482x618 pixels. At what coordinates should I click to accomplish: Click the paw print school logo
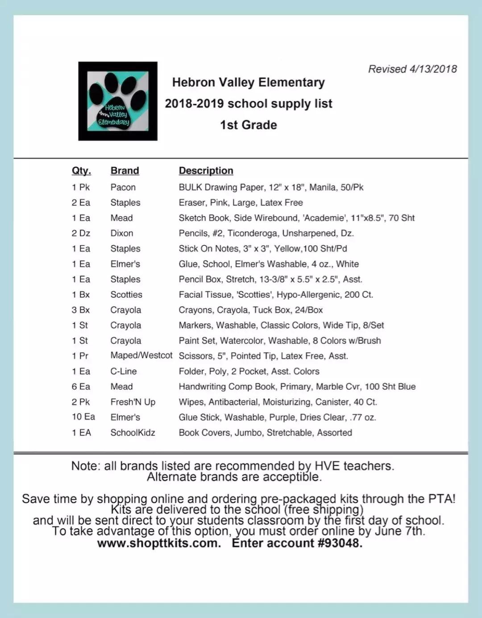click(x=118, y=101)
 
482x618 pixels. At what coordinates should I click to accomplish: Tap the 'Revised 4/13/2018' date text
click(x=412, y=69)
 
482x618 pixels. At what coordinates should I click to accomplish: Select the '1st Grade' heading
click(x=248, y=125)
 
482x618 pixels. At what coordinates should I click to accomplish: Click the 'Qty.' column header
click(x=81, y=171)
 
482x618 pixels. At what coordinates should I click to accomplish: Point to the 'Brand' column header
click(x=125, y=171)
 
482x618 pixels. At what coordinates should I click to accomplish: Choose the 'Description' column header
click(x=206, y=171)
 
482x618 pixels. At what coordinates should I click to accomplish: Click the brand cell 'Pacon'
click(x=123, y=187)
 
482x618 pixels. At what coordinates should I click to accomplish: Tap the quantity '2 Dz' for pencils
click(x=81, y=233)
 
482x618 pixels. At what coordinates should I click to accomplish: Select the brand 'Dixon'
click(x=121, y=233)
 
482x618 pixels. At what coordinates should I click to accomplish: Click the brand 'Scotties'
click(x=126, y=295)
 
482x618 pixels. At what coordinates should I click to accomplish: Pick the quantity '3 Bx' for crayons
click(x=81, y=310)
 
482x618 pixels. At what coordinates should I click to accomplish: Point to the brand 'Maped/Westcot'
click(x=141, y=355)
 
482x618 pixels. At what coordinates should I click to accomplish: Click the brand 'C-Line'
click(x=124, y=371)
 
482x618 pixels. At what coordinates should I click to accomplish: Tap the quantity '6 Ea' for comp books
click(x=81, y=387)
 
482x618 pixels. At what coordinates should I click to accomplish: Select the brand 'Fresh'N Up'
click(x=133, y=402)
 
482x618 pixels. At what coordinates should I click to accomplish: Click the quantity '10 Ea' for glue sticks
click(x=83, y=417)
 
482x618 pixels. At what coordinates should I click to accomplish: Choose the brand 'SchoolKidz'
click(x=133, y=433)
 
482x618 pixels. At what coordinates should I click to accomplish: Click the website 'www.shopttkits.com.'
click(x=159, y=544)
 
